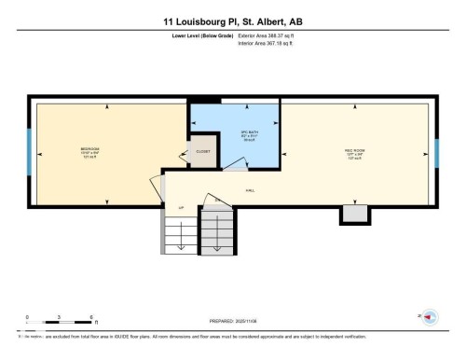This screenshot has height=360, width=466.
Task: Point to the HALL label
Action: coord(250,189)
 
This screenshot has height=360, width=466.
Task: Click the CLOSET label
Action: coord(202,153)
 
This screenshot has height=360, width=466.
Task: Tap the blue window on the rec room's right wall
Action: coord(436,151)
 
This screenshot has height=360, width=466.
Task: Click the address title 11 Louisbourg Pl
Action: coord(233,19)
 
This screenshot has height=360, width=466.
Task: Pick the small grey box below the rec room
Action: coord(354,215)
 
